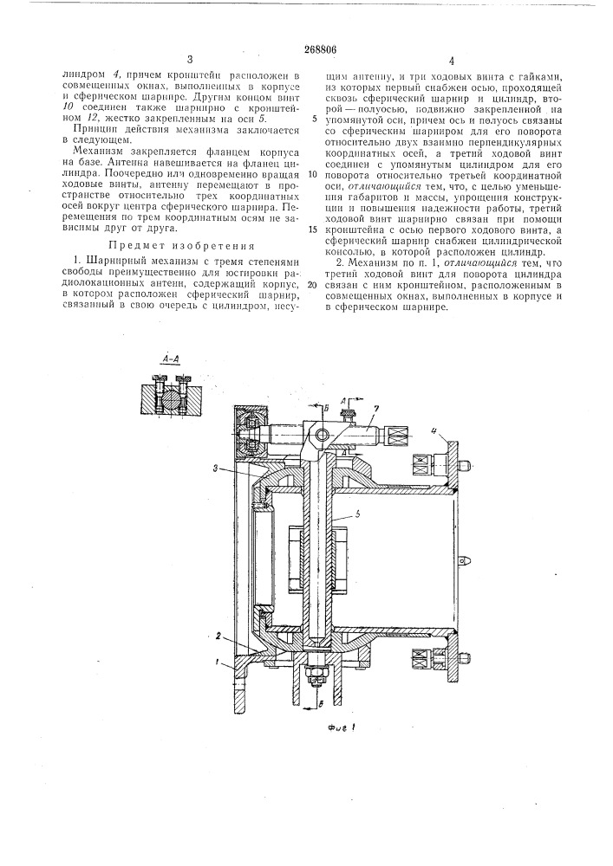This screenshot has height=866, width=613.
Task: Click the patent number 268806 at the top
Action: coord(306,49)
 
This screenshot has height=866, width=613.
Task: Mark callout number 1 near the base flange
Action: coord(219,662)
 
